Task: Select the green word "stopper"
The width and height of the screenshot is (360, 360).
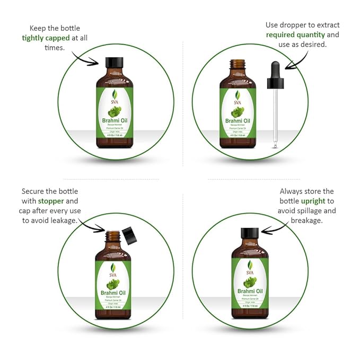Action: click(x=50, y=201)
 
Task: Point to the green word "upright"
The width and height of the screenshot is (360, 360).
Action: click(x=313, y=201)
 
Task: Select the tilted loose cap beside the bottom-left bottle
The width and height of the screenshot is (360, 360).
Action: click(x=128, y=234)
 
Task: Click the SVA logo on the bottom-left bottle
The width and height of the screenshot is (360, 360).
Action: click(x=113, y=269)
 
